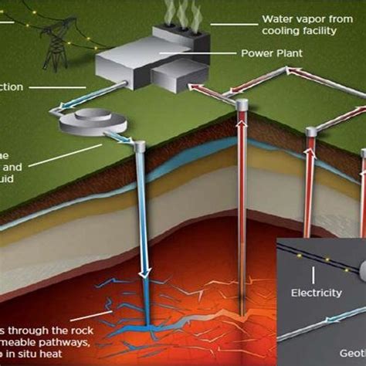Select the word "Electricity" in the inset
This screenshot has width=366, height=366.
316,293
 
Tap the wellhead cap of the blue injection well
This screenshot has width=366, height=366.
141,144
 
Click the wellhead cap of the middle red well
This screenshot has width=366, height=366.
242,103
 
